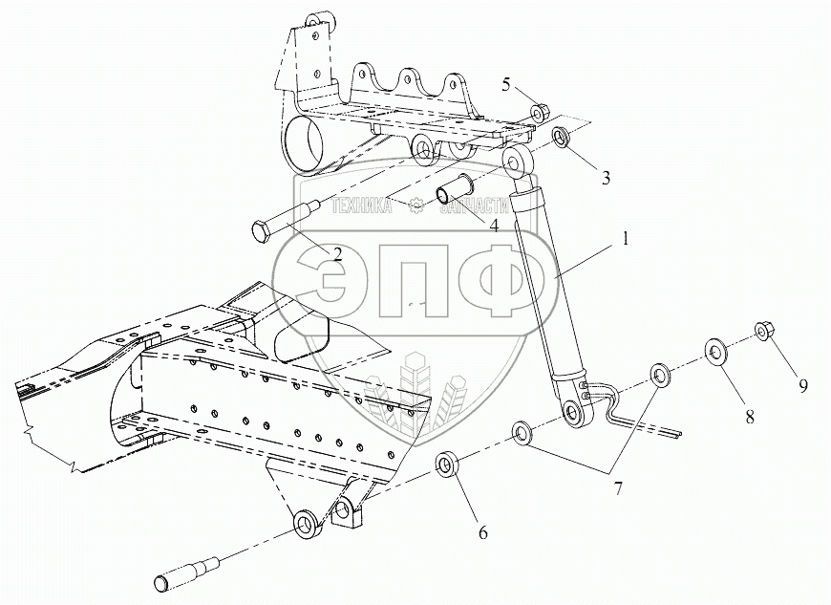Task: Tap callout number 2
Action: [x=337, y=253]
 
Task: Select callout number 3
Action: [x=579, y=178]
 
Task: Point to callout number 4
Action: [x=494, y=227]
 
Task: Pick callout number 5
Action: [x=507, y=84]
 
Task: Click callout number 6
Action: [x=483, y=532]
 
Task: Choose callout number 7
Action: [x=618, y=489]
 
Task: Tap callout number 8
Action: [x=750, y=417]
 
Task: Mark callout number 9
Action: [x=803, y=385]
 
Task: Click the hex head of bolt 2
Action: [x=262, y=233]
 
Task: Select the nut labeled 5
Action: [x=538, y=114]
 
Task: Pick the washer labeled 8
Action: [x=715, y=350]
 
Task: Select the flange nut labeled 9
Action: [x=763, y=331]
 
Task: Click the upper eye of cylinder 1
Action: [x=519, y=159]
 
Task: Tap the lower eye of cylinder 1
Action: [x=576, y=412]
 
